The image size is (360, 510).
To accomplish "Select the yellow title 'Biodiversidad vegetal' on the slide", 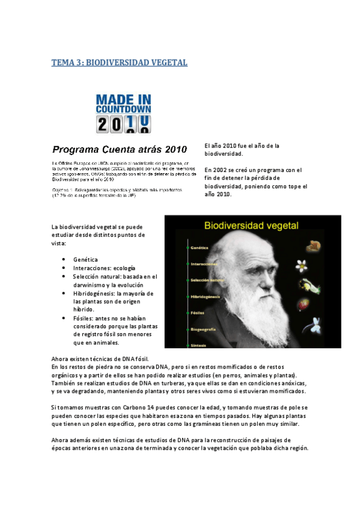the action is coord(251,226).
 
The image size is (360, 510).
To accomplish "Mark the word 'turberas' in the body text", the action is coord(200,383).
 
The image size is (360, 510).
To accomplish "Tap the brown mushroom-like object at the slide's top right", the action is coord(312,245).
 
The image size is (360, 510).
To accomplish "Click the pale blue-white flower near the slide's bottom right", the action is coord(316,325).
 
